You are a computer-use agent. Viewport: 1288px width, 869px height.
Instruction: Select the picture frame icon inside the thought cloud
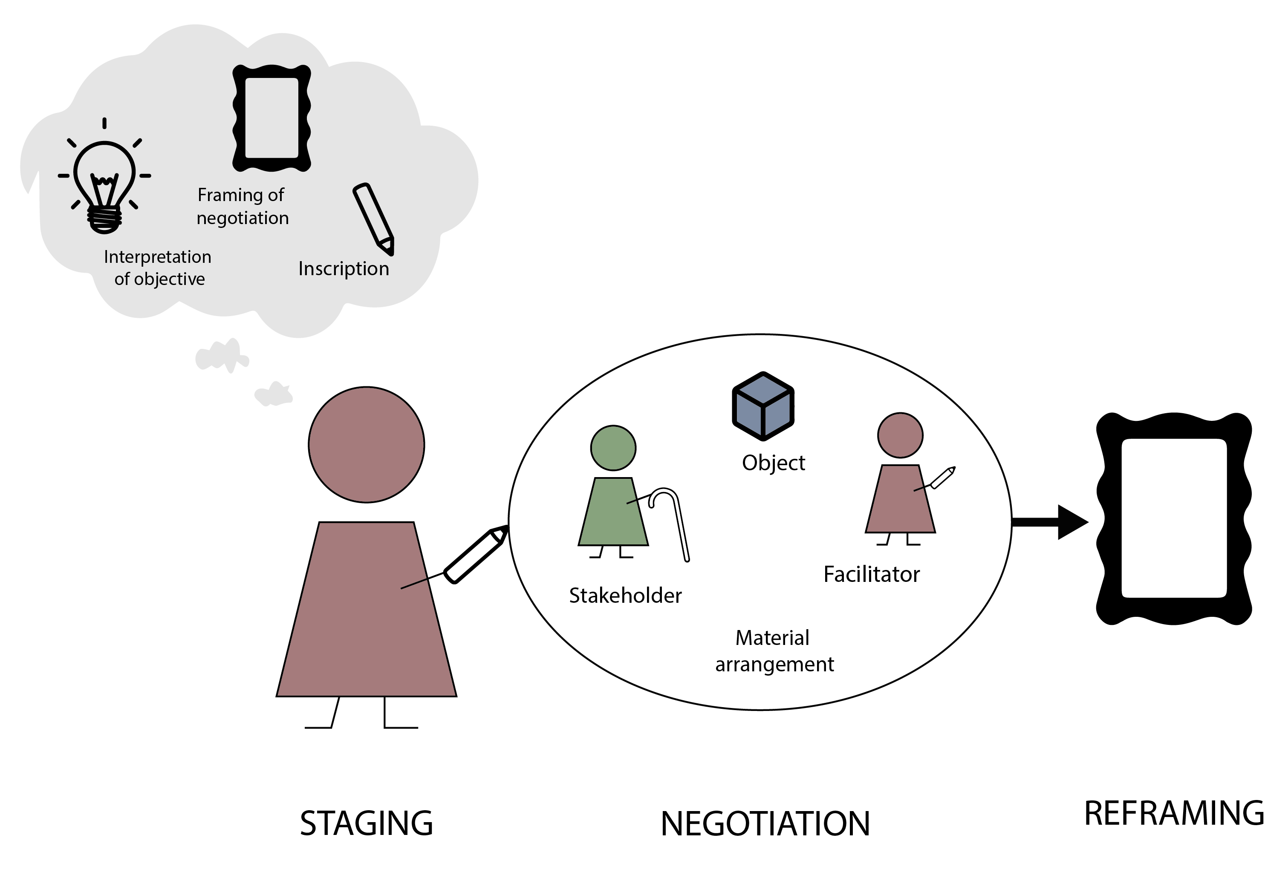271,118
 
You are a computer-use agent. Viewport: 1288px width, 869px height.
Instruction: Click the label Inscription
344,269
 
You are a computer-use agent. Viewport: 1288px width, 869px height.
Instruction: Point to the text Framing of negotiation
242,207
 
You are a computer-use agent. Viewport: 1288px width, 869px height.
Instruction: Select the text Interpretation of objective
158,268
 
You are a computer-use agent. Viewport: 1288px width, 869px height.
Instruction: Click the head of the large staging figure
367,445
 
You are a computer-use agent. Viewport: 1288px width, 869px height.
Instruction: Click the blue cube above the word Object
763,406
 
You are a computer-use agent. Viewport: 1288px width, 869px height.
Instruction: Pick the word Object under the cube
773,463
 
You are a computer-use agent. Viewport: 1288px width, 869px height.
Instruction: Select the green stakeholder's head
613,448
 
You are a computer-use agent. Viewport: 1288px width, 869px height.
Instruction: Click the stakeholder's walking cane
675,524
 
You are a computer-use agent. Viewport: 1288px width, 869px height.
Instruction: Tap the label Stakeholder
625,596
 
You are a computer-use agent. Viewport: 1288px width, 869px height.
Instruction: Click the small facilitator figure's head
900,435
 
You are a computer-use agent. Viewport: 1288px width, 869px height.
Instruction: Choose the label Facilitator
871,574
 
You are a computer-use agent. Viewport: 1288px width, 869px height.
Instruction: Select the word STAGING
367,823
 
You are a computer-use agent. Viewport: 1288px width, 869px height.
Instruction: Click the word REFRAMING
1174,813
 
